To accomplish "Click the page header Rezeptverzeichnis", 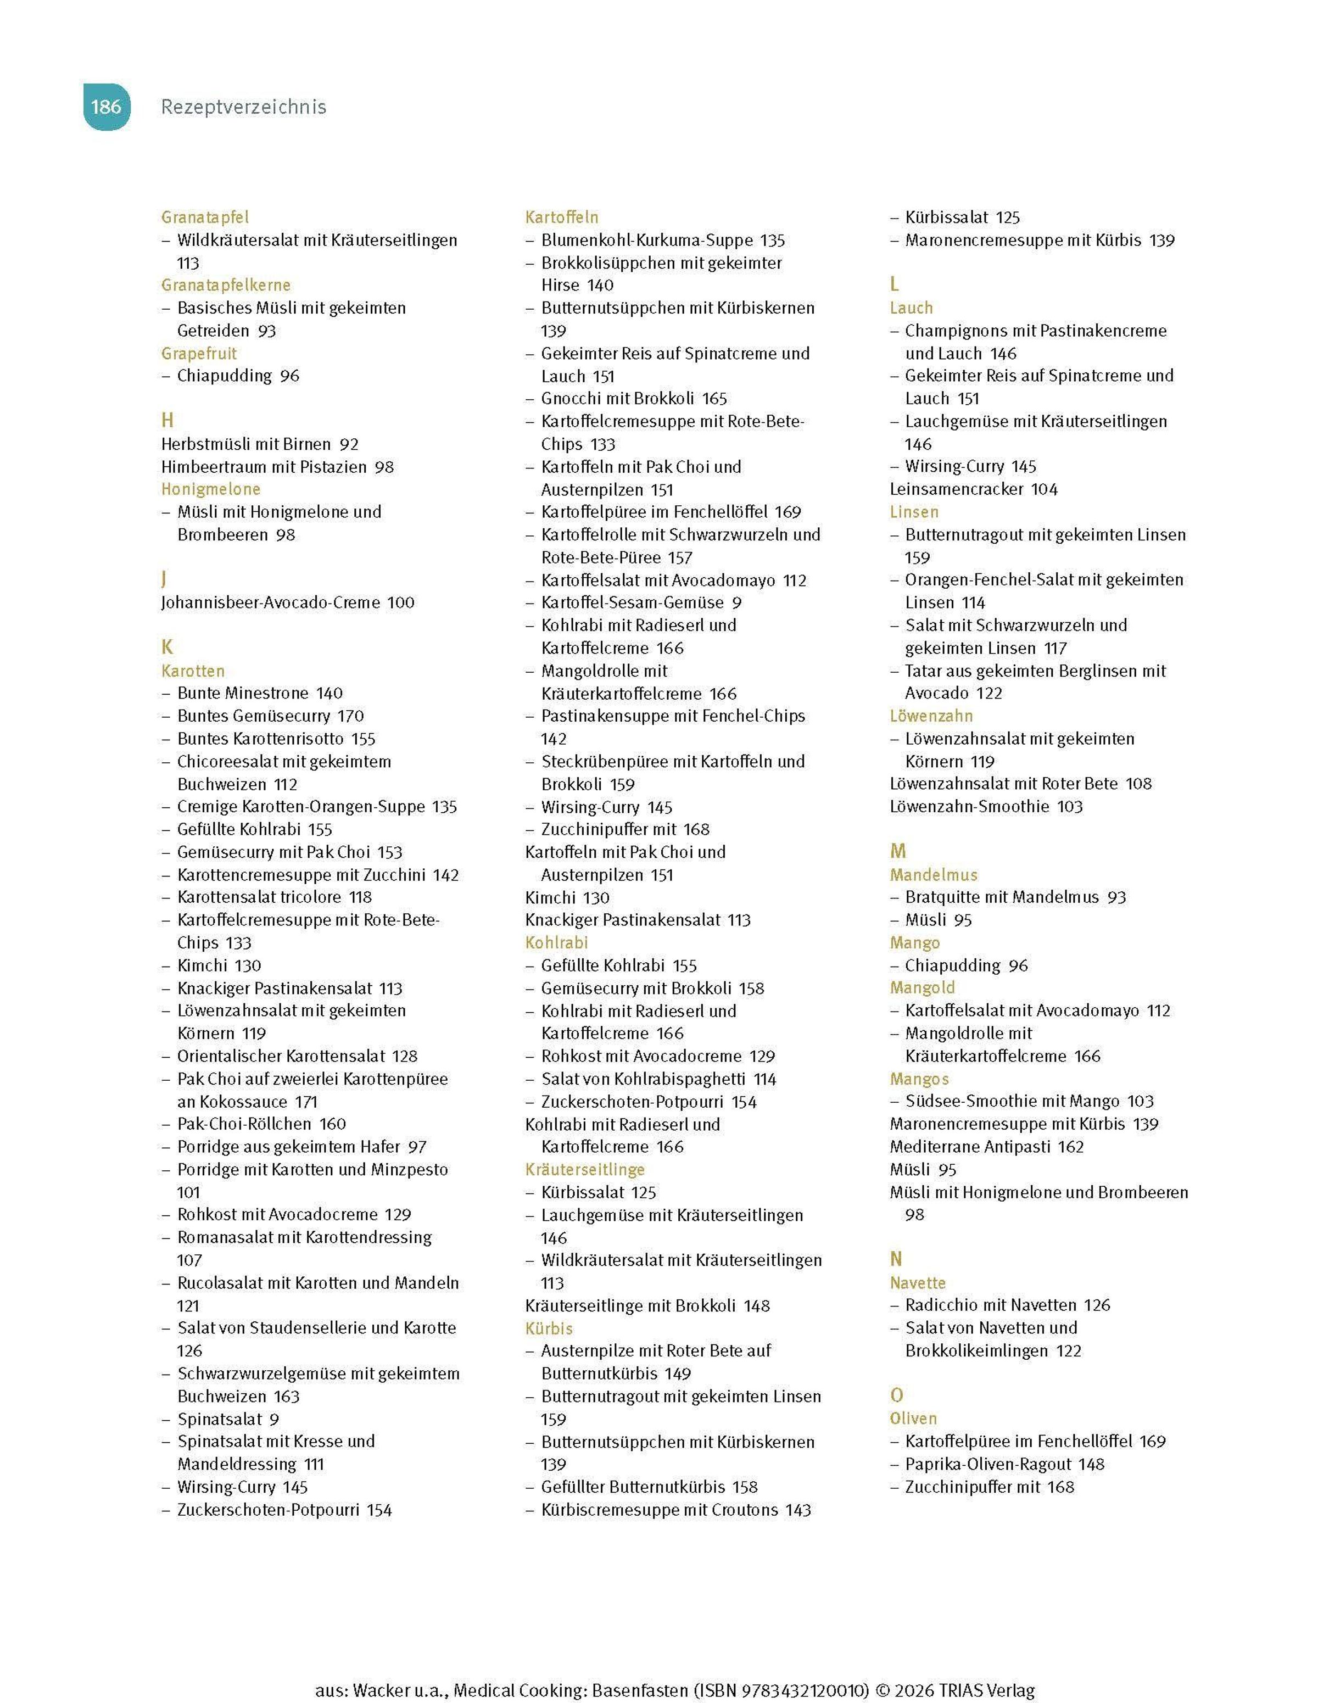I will pos(243,107).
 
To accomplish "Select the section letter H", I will pos(167,420).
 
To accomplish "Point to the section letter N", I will pos(896,1259).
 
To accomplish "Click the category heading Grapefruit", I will pos(199,353).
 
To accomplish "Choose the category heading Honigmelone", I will pos(210,489).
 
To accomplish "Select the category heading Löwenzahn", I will pos(931,716).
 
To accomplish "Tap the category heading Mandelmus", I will pos(934,875).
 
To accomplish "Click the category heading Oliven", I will pos(913,1419).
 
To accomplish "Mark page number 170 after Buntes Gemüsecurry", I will pos(350,715).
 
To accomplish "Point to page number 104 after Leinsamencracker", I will pos(1045,489).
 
